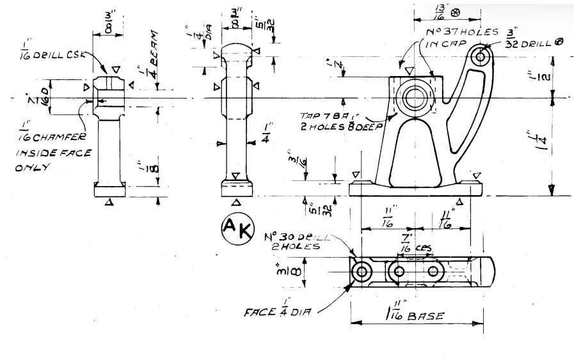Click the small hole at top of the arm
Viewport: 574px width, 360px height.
coord(481,57)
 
